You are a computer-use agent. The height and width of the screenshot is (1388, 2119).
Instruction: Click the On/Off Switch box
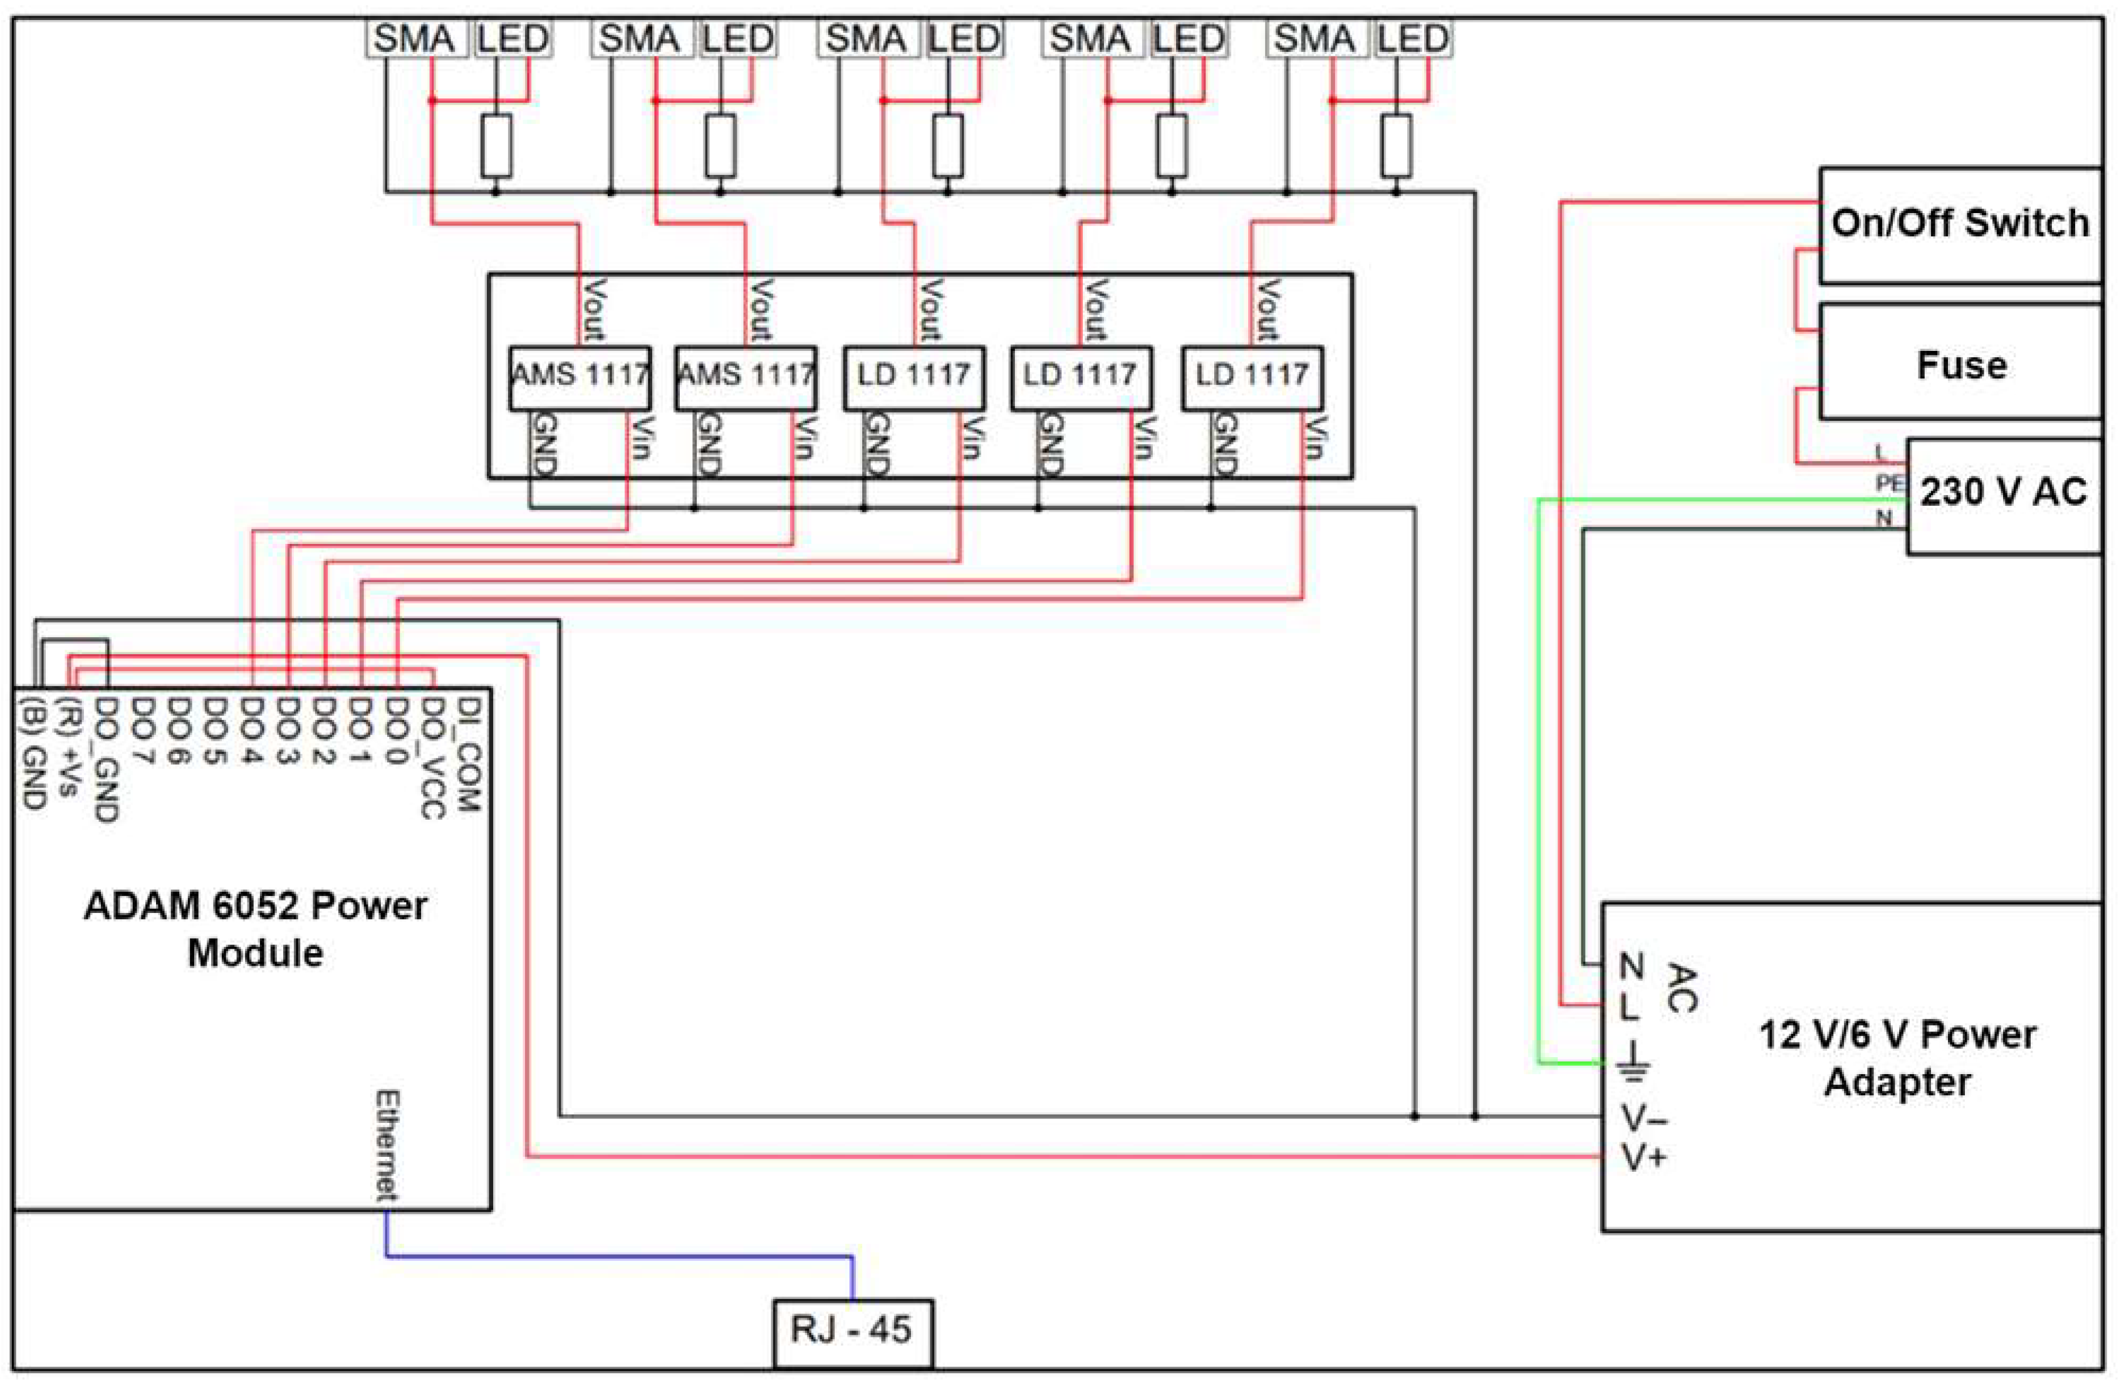click(1959, 224)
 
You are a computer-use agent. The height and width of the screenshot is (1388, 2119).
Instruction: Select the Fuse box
click(1959, 363)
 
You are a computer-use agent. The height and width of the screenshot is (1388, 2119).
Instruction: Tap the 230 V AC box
click(2003, 494)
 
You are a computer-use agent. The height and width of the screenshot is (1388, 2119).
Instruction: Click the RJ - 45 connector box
click(852, 1330)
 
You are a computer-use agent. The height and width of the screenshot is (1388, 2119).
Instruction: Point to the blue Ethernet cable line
click(623, 1256)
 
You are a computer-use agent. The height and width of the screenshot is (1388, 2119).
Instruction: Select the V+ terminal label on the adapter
click(1643, 1158)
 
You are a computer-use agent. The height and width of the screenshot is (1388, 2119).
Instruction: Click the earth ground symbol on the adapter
click(1635, 1062)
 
